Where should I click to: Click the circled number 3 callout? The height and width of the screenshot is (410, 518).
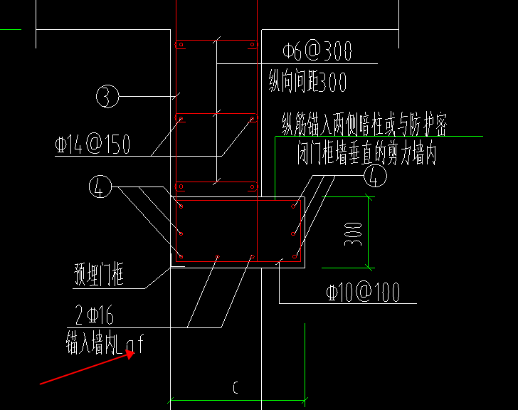(107, 96)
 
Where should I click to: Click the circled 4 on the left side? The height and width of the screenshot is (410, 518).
(100, 186)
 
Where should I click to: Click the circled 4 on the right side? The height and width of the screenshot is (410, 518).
(375, 175)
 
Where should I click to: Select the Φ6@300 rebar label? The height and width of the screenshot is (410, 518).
(317, 51)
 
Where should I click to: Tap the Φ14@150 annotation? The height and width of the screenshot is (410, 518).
(92, 144)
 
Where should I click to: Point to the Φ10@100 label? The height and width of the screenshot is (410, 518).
(363, 292)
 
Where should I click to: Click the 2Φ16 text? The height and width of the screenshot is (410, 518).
(94, 315)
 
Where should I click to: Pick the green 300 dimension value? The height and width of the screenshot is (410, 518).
(353, 234)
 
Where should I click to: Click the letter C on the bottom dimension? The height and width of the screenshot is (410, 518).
(236, 387)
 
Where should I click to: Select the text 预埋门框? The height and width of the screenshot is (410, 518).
(99, 274)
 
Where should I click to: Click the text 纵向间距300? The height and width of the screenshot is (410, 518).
(307, 81)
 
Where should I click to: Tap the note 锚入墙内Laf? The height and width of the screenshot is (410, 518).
(105, 345)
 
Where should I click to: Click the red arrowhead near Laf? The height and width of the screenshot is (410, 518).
(130, 354)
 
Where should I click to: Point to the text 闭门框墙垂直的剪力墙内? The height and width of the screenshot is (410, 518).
(366, 153)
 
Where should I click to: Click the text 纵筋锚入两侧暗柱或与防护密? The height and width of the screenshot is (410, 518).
(364, 125)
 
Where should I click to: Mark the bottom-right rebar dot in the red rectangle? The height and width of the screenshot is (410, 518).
(295, 256)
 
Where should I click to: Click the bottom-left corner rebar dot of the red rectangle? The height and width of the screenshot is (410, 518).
(181, 256)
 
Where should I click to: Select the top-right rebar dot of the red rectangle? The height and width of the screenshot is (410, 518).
(293, 206)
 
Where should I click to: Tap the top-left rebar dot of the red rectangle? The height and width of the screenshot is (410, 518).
(181, 206)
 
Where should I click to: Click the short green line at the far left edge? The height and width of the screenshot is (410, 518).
(11, 30)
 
